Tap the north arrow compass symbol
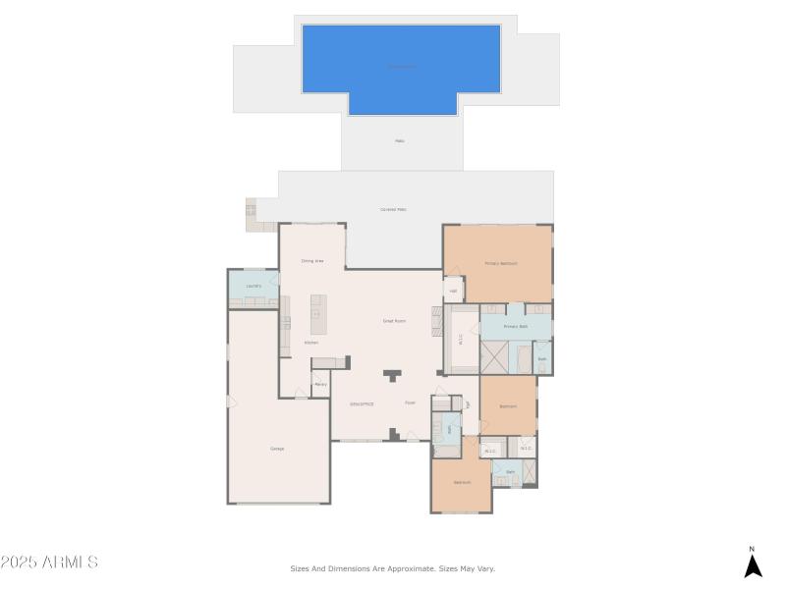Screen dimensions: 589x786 pyautogui.click(x=753, y=564)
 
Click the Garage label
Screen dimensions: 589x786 pyautogui.click(x=277, y=449)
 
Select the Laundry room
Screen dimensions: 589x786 pyautogui.click(x=253, y=286)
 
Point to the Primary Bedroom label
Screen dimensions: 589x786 pyautogui.click(x=500, y=263)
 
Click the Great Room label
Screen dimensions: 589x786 pyautogui.click(x=394, y=321)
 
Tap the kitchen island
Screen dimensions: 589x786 pyautogui.click(x=318, y=313)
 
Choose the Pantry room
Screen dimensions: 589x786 pyautogui.click(x=320, y=385)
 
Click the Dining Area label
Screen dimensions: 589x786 pyautogui.click(x=312, y=261)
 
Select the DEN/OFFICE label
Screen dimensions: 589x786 pyautogui.click(x=362, y=403)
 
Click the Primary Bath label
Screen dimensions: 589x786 pyautogui.click(x=516, y=326)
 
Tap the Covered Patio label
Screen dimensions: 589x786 pyautogui.click(x=394, y=209)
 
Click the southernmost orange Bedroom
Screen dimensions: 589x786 pyautogui.click(x=461, y=483)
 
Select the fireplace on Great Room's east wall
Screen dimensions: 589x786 pyautogui.click(x=437, y=321)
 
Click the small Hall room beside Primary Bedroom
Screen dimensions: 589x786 pyautogui.click(x=453, y=291)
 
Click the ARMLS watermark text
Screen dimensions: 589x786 pyautogui.click(x=49, y=562)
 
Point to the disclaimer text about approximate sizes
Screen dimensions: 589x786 pyautogui.click(x=392, y=567)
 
